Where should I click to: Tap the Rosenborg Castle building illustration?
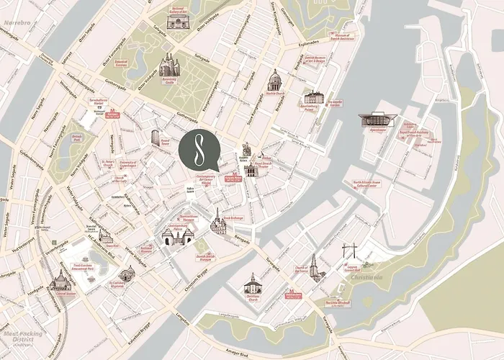(168, 66)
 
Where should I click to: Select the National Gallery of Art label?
(178, 9)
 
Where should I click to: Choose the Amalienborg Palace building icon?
(313, 97)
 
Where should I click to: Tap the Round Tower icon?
(156, 138)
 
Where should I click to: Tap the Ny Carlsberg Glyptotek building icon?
(127, 273)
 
